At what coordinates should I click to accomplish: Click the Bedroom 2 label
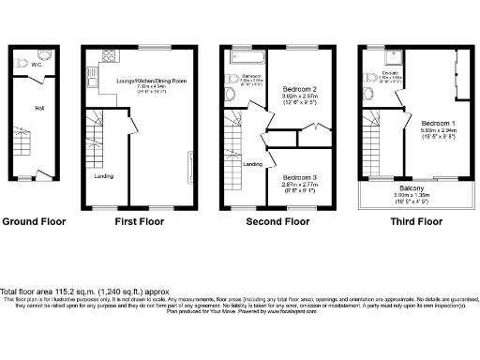click(x=301, y=89)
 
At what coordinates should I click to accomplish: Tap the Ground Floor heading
click(x=34, y=222)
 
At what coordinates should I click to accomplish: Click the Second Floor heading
click(x=277, y=222)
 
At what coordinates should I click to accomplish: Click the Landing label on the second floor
click(x=252, y=164)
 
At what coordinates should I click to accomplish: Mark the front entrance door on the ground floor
click(x=40, y=175)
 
